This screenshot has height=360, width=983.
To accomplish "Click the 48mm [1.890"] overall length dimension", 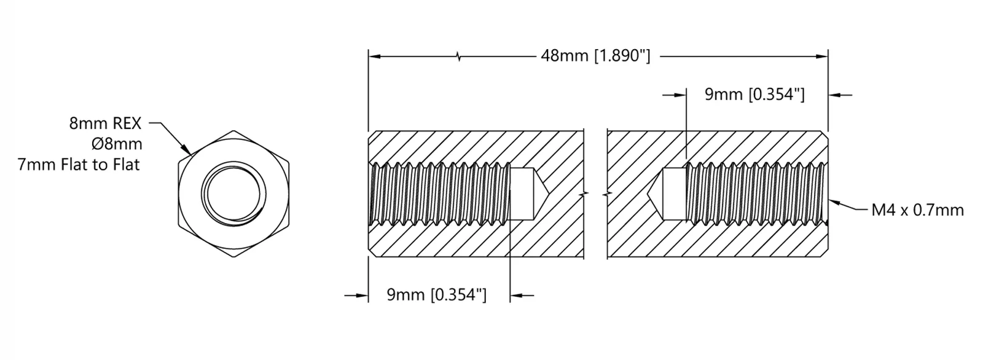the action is tap(595, 56).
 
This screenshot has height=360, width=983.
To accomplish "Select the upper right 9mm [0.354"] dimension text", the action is tap(755, 95).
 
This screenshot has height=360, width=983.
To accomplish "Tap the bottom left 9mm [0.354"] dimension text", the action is tap(437, 295).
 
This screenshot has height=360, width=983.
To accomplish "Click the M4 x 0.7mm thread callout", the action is tap(918, 210).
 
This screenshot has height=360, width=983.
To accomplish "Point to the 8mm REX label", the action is tap(105, 123).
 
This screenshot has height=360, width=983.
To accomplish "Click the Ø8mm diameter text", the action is tap(116, 144).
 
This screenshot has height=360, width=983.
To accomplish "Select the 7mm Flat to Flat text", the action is tap(79, 165).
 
